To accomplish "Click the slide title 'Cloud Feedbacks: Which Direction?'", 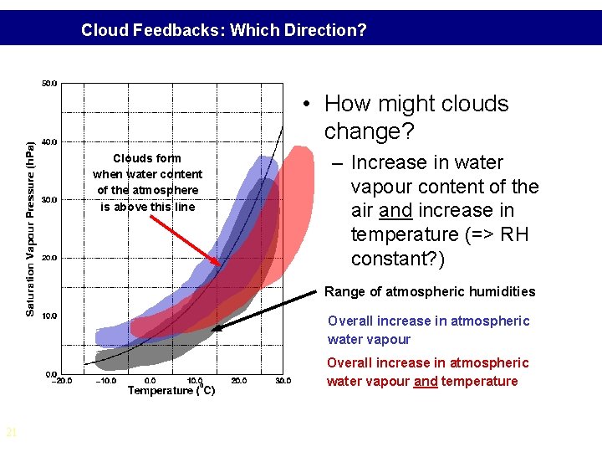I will pos(223,31).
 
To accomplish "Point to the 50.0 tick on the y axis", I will pos(49,83).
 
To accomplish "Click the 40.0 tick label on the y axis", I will pos(49,141).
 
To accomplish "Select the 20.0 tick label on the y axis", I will pos(49,258).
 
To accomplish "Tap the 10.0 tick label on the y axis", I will pos(49,316).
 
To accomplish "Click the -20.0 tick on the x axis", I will pos(61,381).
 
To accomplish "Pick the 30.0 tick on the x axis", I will pos(283,381).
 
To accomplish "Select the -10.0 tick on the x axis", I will pos(105,381).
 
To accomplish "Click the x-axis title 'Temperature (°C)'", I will pos(171,390).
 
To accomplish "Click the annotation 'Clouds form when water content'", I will pos(147,166).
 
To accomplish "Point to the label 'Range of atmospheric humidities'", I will pos(430,291).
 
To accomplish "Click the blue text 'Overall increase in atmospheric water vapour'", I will pos(428,330).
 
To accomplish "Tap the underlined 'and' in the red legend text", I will pos(426,382).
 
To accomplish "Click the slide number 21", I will pos(11,433).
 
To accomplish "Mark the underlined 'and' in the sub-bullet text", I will pos(395,211).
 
